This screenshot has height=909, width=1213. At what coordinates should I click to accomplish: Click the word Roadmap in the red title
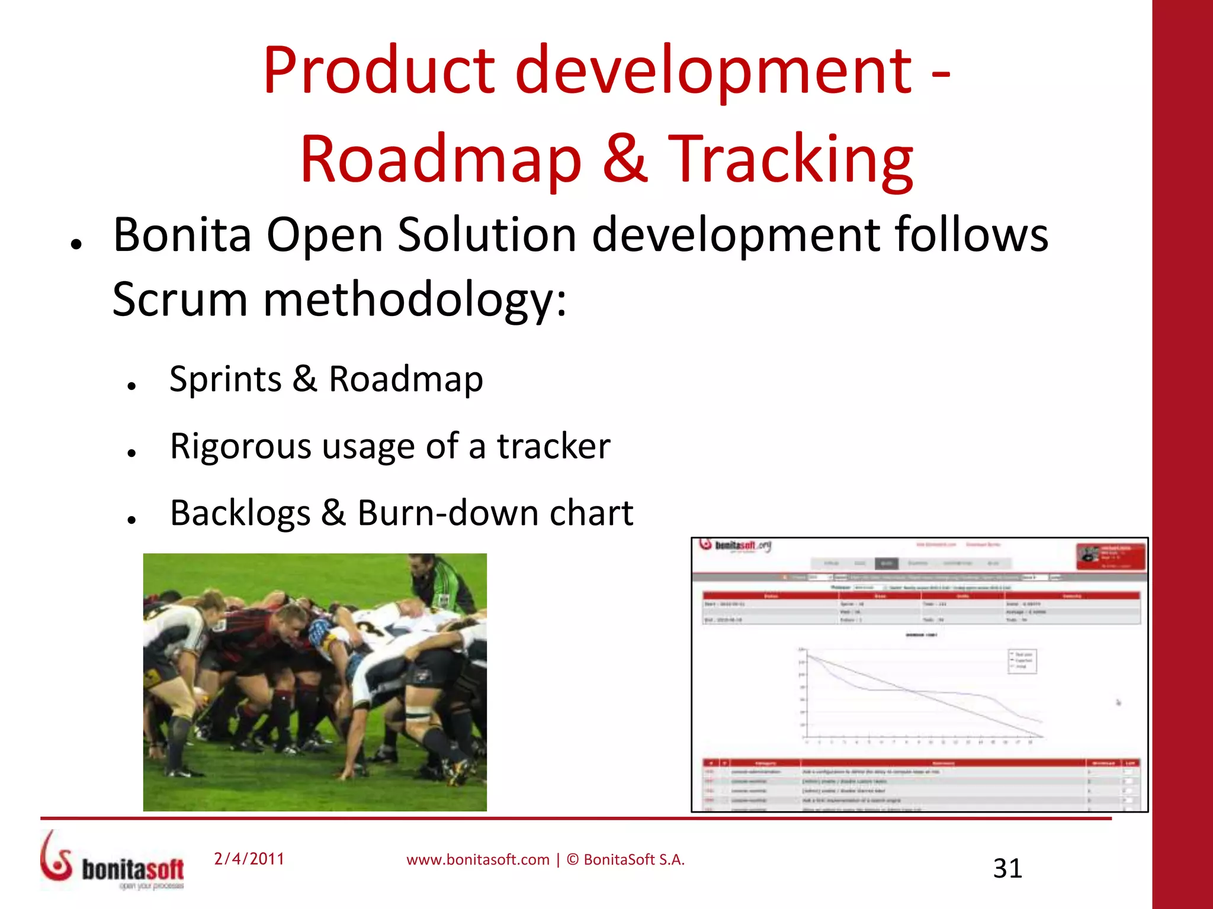pos(441,159)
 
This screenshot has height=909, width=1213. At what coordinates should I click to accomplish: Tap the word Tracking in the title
pos(791,159)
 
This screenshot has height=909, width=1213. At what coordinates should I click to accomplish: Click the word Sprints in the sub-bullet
pos(225,379)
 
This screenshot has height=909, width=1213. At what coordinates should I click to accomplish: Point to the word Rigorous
pos(240,446)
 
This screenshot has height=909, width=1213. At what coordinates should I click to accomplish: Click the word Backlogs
pos(240,512)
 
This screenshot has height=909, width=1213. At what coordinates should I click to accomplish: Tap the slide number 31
pos(1007,868)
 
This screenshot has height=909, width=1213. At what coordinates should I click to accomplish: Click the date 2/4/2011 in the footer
pos(249,859)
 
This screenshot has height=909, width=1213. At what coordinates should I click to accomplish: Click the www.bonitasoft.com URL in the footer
pos(477,860)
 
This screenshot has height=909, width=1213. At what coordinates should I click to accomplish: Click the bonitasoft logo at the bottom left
pos(113,861)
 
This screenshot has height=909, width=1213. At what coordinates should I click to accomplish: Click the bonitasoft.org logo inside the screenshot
pos(735,545)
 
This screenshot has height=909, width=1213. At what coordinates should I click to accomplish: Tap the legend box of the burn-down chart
pos(1022,660)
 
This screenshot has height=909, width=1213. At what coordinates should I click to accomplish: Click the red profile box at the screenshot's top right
pos(1111,556)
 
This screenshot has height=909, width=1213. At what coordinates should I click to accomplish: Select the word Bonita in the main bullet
pos(182,234)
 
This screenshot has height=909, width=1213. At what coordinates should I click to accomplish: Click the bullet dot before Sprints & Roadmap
pos(132,386)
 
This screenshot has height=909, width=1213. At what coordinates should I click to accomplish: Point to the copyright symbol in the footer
pos(573,859)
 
